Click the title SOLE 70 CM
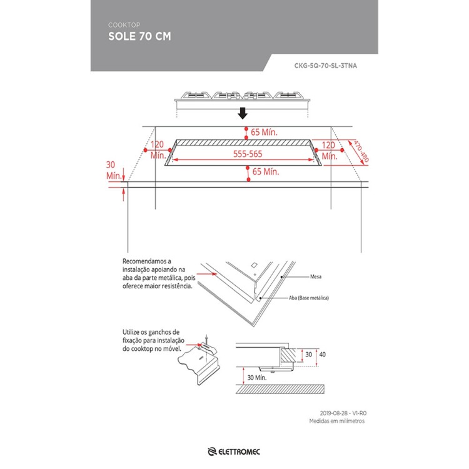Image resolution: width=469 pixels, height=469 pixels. pos(139,36)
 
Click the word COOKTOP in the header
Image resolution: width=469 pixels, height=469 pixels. pos(124,25)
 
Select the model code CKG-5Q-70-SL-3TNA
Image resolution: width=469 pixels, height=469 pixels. pos(325,66)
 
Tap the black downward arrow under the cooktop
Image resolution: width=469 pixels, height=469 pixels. pos(243,113)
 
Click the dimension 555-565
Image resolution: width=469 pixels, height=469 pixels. pos(248,154)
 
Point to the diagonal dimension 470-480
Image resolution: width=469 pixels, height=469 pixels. pos(361,151)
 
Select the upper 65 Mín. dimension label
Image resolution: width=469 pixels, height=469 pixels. pos(264,132)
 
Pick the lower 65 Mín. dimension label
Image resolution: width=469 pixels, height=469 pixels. pos(266,171)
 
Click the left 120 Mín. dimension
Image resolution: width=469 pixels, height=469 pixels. pos(158,149)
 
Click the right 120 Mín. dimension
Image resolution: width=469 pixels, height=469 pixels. pos(329,151)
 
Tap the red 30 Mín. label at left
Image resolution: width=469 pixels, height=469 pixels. pos(113,170)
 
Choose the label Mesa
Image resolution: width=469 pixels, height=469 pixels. pos(316,276)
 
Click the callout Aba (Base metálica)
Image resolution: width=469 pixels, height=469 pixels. pos(309,298)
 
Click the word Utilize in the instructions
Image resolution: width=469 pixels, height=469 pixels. pos(131,332)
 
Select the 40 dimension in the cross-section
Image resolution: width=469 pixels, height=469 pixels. pos(322,355)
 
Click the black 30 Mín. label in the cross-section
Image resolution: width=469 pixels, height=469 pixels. pos(256,378)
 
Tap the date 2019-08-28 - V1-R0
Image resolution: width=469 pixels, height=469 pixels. pos(343,413)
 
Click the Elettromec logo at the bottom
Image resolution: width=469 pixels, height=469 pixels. pos(234,451)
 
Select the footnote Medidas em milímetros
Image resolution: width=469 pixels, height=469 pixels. pos(337,421)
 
